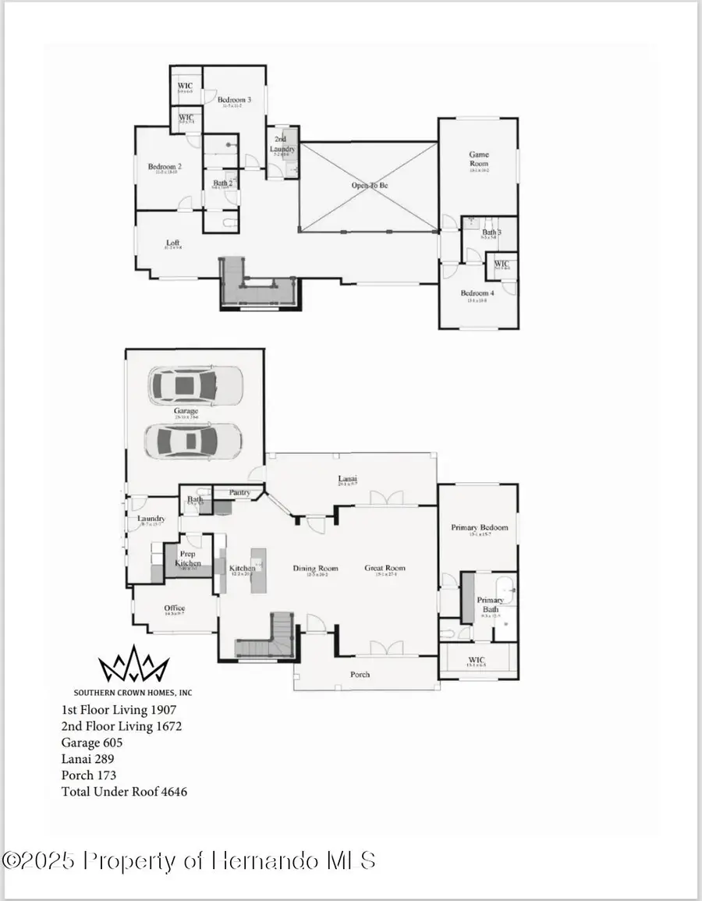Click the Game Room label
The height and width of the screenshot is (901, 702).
[x=478, y=159]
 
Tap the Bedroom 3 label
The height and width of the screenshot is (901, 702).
[x=234, y=100]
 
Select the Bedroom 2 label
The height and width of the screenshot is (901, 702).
[x=165, y=166]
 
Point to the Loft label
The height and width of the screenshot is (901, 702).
[x=173, y=243]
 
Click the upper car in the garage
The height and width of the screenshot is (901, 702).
[x=196, y=385]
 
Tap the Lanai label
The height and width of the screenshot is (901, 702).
[x=347, y=478]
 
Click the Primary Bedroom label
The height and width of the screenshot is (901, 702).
[x=479, y=528]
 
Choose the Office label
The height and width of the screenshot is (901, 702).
[x=174, y=608]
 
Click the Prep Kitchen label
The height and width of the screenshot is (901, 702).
[x=188, y=559]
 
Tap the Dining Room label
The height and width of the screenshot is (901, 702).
[x=315, y=568]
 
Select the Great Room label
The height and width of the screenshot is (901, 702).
[x=385, y=568]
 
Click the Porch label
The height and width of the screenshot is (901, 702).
[x=360, y=674]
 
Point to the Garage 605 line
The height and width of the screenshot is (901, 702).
[x=92, y=743]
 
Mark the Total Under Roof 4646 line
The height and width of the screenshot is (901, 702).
[x=124, y=791]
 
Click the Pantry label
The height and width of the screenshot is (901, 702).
[x=239, y=492]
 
